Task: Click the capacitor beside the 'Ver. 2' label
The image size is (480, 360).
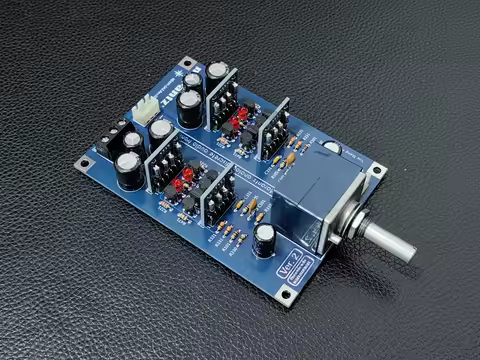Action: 264,238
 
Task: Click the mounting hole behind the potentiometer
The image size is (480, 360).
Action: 377,170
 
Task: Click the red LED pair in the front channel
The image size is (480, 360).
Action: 179,185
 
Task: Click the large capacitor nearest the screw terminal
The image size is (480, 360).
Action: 128,169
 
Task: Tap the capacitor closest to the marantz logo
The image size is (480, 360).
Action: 217,74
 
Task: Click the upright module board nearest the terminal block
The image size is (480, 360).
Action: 164,160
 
